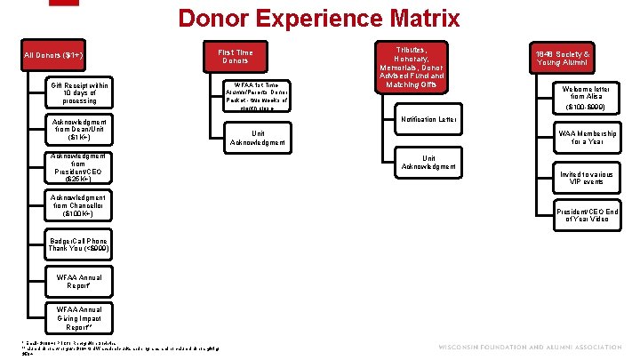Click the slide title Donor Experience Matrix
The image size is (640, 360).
319,18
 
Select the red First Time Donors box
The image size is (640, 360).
236,57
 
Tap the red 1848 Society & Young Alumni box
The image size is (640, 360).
562,58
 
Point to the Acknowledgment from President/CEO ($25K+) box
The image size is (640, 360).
79,169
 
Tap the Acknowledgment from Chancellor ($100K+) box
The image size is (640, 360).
79,206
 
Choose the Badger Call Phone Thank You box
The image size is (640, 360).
79,245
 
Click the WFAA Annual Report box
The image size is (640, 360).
79,283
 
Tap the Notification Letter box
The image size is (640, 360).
429,119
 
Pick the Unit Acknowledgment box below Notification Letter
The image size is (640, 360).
429,161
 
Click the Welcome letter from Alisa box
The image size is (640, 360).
584,97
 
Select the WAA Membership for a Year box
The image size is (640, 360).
584,137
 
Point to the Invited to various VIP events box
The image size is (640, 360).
584,177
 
